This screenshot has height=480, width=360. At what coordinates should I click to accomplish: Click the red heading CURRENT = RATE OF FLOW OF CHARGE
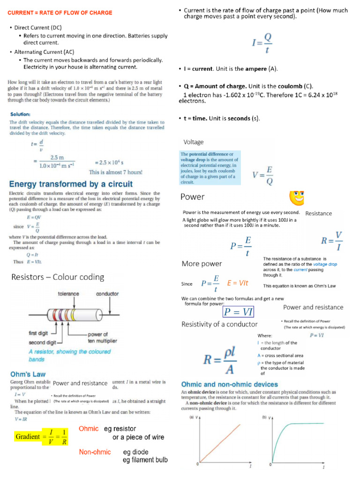[x=60, y=13]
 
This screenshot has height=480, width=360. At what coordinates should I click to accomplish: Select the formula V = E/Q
[x=263, y=176]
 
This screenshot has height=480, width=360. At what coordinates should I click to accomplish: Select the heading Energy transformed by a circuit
[x=71, y=184]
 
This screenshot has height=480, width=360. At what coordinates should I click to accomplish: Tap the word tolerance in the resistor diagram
[x=68, y=294]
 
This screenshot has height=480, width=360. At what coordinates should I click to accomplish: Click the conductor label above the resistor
[x=107, y=294]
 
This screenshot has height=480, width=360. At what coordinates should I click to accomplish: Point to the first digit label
[x=40, y=333]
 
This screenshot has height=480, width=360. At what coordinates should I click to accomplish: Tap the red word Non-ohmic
[x=95, y=452]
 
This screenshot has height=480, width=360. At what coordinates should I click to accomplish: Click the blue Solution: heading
[x=20, y=114]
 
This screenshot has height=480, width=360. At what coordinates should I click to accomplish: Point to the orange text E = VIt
[x=237, y=283]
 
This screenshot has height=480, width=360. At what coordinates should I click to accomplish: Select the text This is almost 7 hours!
[x=115, y=172]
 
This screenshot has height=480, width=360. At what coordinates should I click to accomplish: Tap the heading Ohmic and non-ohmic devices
[x=229, y=384]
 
